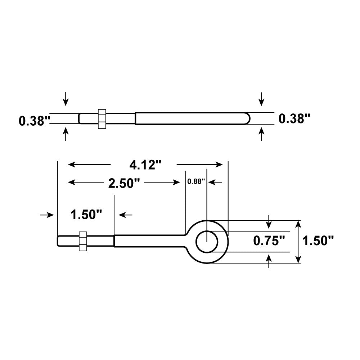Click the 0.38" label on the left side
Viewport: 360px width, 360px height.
coord(34,120)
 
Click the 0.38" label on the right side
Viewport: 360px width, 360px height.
coord(294,118)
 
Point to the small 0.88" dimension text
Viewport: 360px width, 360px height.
coord(196,181)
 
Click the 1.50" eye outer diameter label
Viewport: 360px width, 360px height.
coord(318,240)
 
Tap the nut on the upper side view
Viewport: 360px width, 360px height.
coord(102,118)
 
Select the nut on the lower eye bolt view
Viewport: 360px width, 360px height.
coord(83,241)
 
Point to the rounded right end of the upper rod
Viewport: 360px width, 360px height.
coord(246,118)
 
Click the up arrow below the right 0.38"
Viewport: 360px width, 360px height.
coord(262,135)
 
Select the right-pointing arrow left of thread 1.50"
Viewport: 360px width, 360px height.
coord(47,215)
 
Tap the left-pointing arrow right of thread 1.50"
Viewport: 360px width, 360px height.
coord(125,215)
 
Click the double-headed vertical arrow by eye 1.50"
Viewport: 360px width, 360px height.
coord(298,242)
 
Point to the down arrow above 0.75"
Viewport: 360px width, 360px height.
coord(269,222)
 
